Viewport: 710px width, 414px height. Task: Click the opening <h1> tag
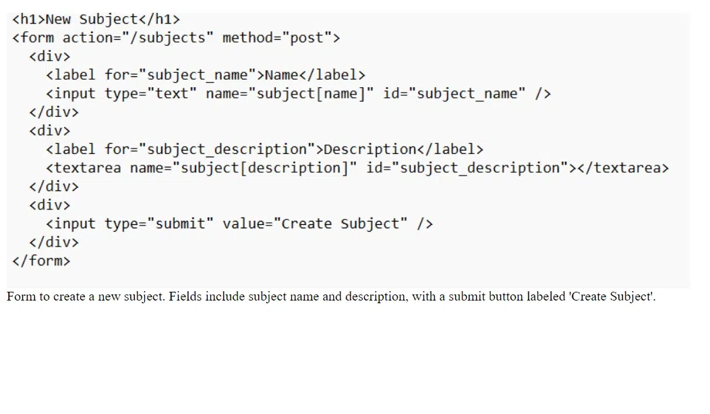(x=29, y=19)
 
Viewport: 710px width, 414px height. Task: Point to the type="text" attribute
(x=151, y=93)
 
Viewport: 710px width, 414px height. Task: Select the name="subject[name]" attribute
(x=290, y=93)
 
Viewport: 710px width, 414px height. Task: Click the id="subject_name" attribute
(x=454, y=93)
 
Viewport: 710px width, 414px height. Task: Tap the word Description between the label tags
(x=370, y=149)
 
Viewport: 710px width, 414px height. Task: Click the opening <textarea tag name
(x=84, y=167)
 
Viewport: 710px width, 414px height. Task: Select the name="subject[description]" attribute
(x=243, y=167)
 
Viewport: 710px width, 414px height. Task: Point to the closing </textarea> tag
(x=623, y=167)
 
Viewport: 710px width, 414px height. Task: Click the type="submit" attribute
(x=159, y=224)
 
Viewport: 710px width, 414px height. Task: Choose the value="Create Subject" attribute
(x=315, y=224)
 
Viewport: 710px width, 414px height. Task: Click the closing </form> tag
(x=41, y=261)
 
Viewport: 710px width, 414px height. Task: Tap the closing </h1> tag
(x=159, y=19)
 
